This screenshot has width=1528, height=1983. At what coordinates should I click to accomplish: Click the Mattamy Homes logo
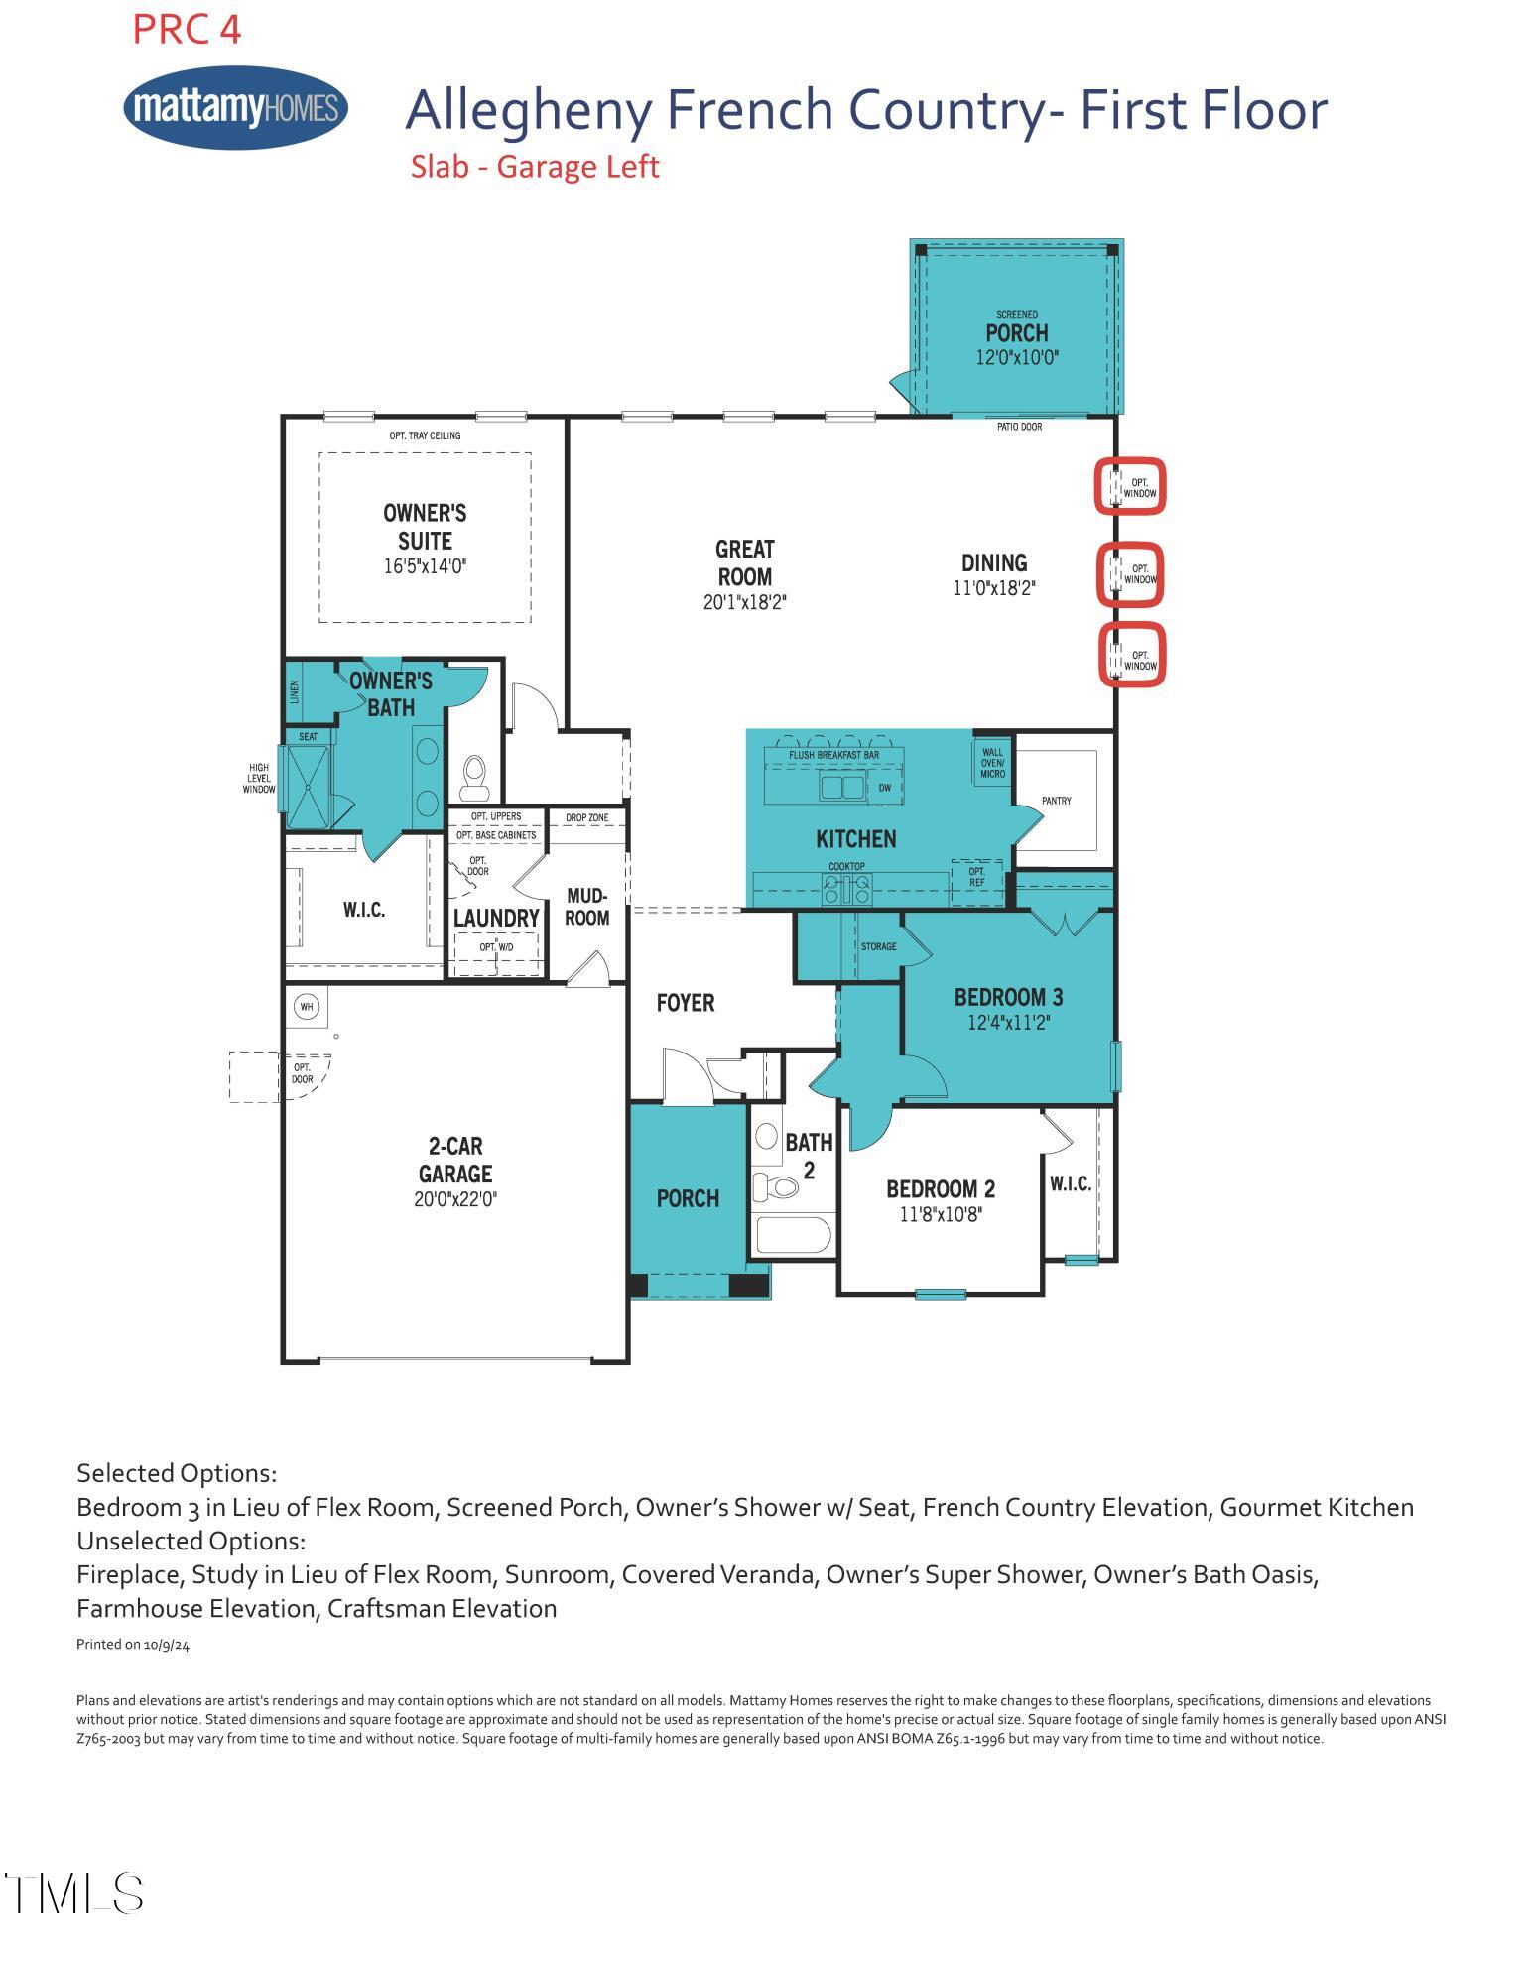pyautogui.click(x=236, y=107)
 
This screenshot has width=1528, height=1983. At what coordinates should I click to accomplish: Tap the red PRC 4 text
pyautogui.click(x=187, y=30)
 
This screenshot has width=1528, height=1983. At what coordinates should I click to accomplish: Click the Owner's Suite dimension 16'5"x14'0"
pyautogui.click(x=425, y=566)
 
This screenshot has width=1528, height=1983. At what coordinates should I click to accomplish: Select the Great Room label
pyautogui.click(x=745, y=562)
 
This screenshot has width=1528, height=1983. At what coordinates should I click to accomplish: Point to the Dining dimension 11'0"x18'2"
pyautogui.click(x=994, y=588)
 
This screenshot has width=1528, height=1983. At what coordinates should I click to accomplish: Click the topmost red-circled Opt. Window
pyautogui.click(x=1130, y=487)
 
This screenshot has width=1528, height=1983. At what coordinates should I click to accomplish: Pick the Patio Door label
pyautogui.click(x=1019, y=427)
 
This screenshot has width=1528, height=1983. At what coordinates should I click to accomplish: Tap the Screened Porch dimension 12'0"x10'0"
pyautogui.click(x=1017, y=358)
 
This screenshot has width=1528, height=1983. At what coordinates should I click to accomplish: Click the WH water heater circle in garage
pyautogui.click(x=307, y=1007)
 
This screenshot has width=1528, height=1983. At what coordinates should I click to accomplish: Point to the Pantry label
pyautogui.click(x=1056, y=801)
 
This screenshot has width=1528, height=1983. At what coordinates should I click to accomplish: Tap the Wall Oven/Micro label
pyautogui.click(x=992, y=763)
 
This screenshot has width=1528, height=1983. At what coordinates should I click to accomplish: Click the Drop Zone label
pyautogui.click(x=586, y=818)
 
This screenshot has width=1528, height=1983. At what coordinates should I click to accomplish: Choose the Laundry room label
pyautogui.click(x=496, y=918)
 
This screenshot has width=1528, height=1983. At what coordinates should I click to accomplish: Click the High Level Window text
pyautogui.click(x=259, y=778)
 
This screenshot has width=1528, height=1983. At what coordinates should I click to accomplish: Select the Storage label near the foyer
pyautogui.click(x=878, y=946)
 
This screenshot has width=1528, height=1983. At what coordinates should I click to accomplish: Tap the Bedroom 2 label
pyautogui.click(x=941, y=1188)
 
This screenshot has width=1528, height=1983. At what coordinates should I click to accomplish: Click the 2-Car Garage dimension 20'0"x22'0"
pyautogui.click(x=455, y=1199)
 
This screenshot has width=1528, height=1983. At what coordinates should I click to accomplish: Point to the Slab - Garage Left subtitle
pyautogui.click(x=535, y=167)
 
